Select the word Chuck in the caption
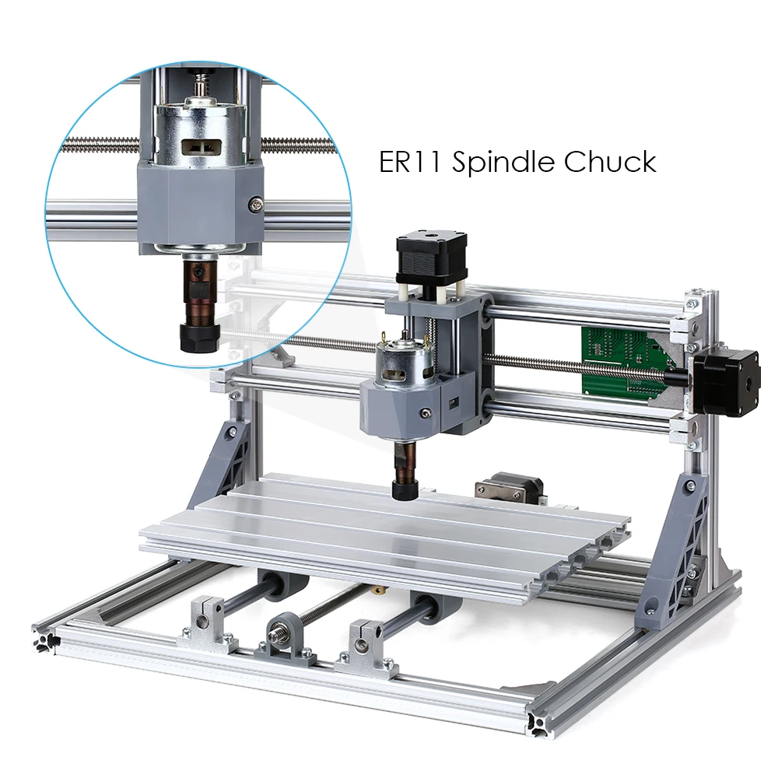(x=610, y=163)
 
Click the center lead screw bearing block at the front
(x=285, y=637)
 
